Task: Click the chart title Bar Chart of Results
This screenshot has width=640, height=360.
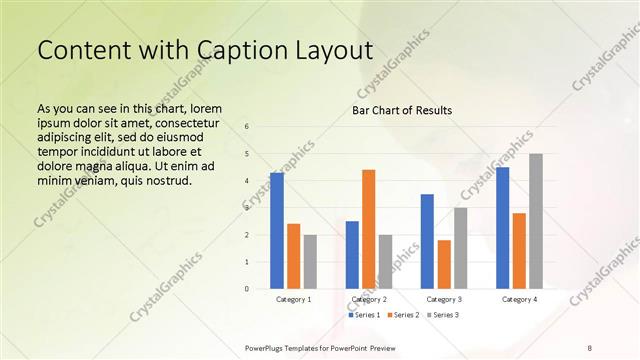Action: click(401, 110)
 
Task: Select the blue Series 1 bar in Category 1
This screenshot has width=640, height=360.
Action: click(277, 230)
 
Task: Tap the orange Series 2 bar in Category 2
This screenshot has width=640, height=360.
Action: click(368, 229)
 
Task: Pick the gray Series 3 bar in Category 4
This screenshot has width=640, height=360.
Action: click(536, 221)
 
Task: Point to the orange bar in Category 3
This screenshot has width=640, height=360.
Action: click(444, 264)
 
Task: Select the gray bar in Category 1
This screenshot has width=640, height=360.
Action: click(310, 261)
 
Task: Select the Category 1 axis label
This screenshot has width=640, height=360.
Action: click(293, 299)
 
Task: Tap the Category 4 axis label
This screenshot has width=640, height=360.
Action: click(519, 299)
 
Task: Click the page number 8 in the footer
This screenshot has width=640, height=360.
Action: click(590, 347)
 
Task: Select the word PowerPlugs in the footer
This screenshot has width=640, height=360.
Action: click(269, 347)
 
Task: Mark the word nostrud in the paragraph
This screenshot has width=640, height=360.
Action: click(165, 180)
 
